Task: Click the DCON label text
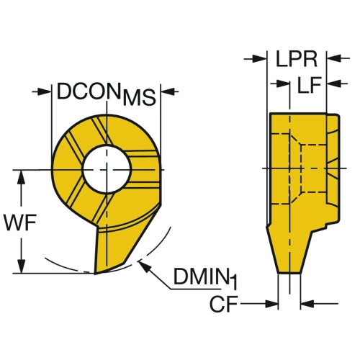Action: click(x=88, y=91)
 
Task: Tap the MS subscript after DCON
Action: click(x=140, y=98)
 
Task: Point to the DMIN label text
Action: click(x=200, y=276)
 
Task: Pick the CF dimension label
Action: click(x=224, y=304)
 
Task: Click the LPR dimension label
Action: click(x=297, y=59)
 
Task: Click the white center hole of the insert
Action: click(x=107, y=168)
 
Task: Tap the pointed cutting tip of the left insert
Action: click(x=95, y=274)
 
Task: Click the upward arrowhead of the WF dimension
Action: click(x=22, y=177)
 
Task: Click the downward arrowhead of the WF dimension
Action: click(x=22, y=266)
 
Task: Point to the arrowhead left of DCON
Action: click(x=45, y=91)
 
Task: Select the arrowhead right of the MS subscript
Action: click(x=167, y=91)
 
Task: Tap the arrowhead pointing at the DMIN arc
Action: click(x=143, y=267)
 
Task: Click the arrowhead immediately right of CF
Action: click(x=271, y=304)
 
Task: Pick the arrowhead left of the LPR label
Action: click(x=260, y=58)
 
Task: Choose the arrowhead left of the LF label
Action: click(x=282, y=84)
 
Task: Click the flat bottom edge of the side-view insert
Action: click(x=289, y=273)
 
